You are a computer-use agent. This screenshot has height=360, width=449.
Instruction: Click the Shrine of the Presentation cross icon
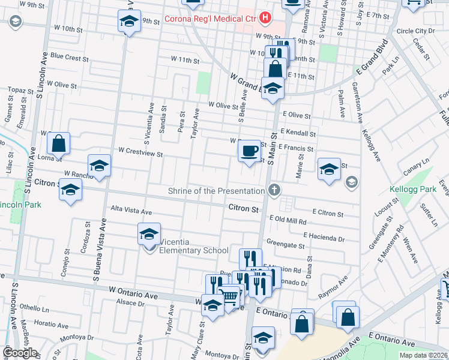(274, 191)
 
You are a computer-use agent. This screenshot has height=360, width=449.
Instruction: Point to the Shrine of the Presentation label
(217, 191)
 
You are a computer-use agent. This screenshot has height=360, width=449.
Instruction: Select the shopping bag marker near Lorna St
(58, 144)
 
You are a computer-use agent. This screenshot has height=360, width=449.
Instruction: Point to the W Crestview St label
(140, 153)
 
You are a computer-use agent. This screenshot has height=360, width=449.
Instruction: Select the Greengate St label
(285, 245)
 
